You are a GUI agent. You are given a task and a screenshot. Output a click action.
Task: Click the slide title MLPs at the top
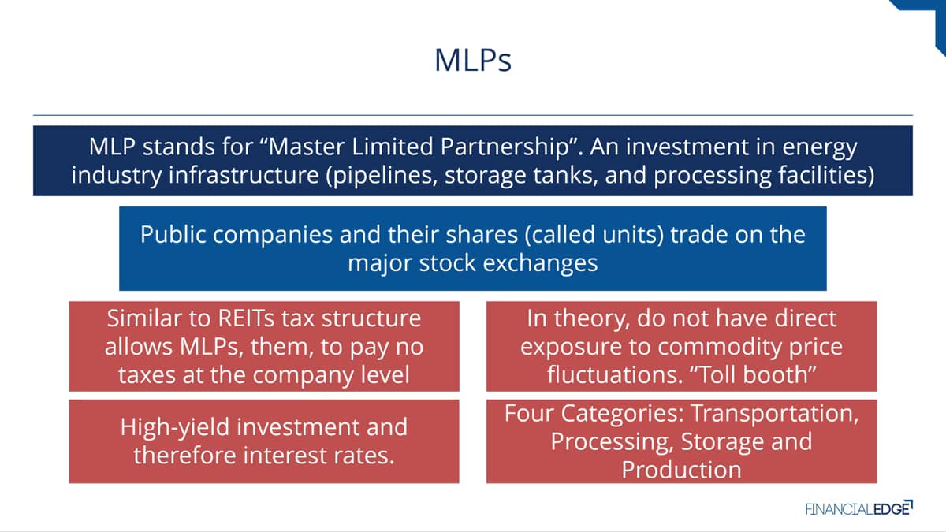tap(473, 61)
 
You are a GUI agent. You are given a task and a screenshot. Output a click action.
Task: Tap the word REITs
tap(246, 318)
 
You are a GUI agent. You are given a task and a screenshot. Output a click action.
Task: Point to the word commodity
tap(720, 348)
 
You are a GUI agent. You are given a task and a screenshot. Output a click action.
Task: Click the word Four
tap(529, 414)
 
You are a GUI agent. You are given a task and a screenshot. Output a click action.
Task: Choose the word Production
tap(681, 471)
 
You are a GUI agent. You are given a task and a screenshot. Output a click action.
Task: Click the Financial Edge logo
tap(859, 508)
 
